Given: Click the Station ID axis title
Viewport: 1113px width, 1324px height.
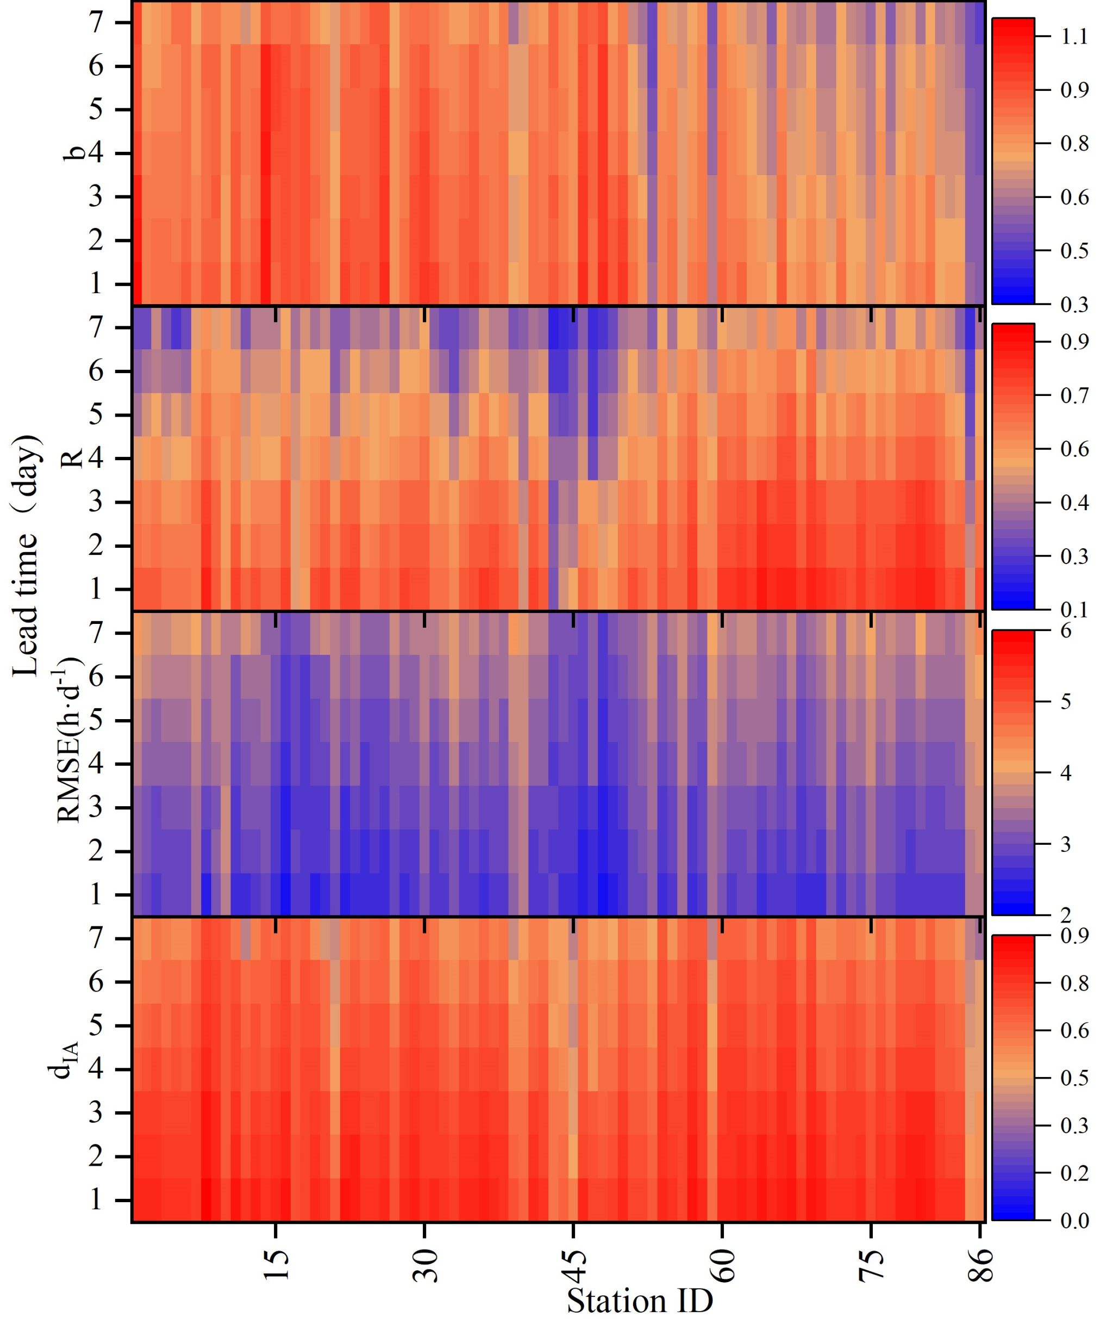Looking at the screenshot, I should pos(640,1301).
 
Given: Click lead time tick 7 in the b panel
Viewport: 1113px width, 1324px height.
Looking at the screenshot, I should pos(96,23).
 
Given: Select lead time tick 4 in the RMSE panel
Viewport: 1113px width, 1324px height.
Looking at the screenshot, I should pos(96,764).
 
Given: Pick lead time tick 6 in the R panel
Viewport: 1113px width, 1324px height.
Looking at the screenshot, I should pos(96,371).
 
